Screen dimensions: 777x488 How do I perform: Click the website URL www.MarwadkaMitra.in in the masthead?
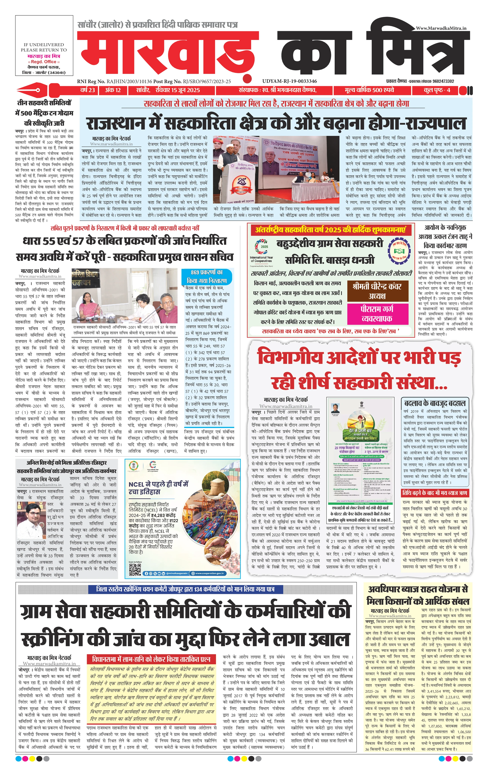click(x=441, y=28)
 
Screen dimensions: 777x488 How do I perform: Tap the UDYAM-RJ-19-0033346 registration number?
click(x=290, y=81)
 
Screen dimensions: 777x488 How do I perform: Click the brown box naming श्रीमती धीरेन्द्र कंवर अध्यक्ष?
click(x=377, y=291)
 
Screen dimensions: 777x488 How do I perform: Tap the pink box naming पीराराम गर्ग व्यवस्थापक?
click(x=377, y=314)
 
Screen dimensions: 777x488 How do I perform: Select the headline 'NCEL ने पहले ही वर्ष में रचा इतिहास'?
click(x=158, y=488)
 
